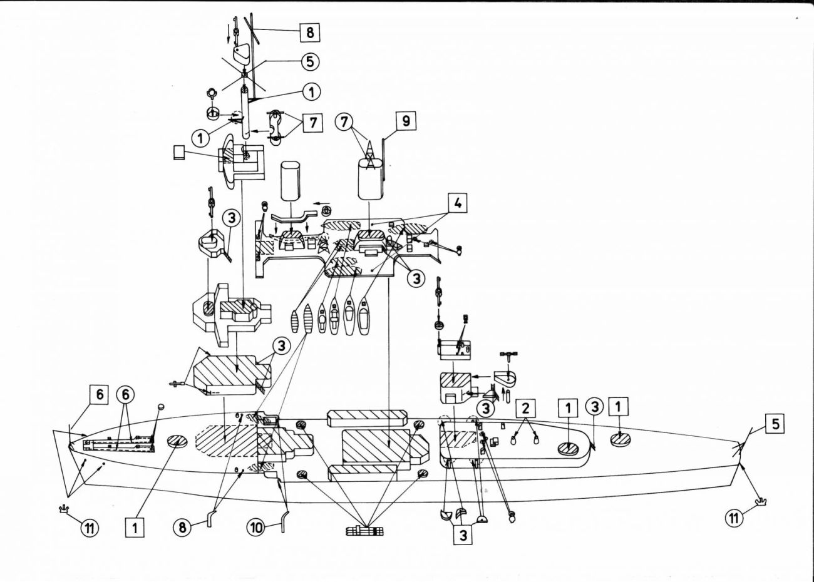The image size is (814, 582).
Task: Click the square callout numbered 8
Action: click(x=309, y=33)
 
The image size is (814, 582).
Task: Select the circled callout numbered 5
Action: click(x=309, y=61)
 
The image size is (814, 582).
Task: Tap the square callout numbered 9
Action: click(x=406, y=121)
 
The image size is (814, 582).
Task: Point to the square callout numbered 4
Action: click(x=458, y=203)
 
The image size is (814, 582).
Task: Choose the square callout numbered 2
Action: click(x=525, y=409)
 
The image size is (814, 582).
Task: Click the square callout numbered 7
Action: click(x=312, y=123)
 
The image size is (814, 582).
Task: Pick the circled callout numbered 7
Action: click(x=344, y=123)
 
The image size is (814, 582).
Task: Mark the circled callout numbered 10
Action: click(x=256, y=528)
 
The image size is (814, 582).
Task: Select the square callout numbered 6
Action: click(x=100, y=395)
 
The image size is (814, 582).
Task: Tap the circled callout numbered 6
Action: click(x=125, y=395)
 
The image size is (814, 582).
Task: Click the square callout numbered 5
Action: click(x=775, y=424)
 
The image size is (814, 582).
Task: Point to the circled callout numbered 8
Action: click(x=182, y=528)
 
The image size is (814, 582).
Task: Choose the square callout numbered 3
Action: click(x=463, y=535)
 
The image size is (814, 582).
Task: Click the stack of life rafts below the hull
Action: click(x=364, y=531)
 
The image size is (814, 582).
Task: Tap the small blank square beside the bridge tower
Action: click(x=179, y=153)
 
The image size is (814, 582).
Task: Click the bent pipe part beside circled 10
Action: click(x=283, y=521)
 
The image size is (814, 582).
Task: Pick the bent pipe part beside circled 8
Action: click(x=211, y=518)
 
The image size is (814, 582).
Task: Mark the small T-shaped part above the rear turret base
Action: click(x=508, y=355)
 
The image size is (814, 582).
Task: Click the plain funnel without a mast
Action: click(x=291, y=181)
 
